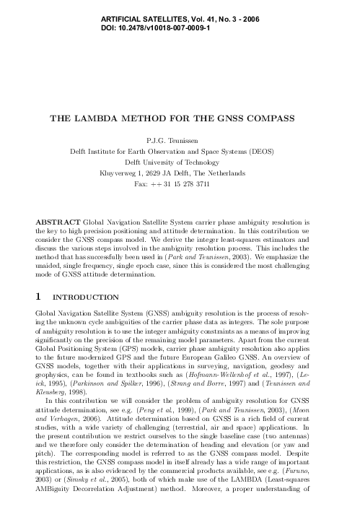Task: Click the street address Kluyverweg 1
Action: tap(120, 174)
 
